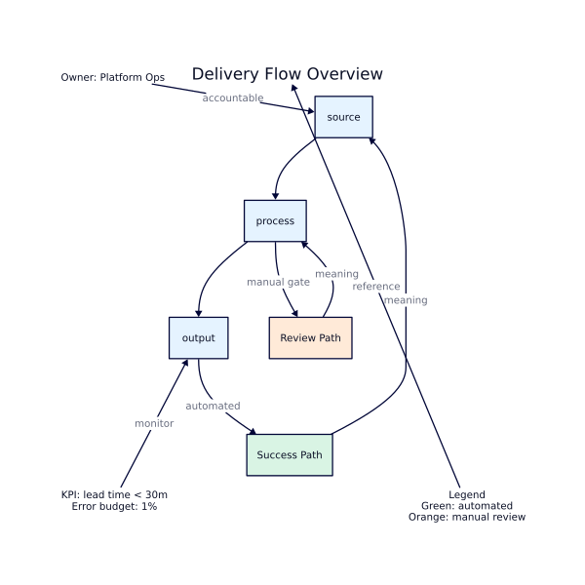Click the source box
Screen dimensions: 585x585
coord(343,117)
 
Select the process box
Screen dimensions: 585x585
coord(275,221)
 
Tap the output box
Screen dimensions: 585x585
coord(198,337)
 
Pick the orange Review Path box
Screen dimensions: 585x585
coord(310,337)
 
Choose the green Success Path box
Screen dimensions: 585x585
coord(290,455)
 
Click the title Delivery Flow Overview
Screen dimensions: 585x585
coord(287,74)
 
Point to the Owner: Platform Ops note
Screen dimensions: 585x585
coord(113,77)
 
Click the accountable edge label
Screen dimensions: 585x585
coord(233,97)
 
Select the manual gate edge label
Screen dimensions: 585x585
coord(278,282)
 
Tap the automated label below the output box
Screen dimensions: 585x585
coord(213,406)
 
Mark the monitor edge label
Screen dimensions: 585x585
coord(154,423)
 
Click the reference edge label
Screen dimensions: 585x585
coord(376,287)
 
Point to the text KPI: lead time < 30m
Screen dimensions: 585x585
coord(114,495)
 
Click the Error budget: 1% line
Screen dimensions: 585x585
coord(114,507)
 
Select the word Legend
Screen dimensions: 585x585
coord(466,495)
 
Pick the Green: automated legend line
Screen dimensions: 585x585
coord(466,506)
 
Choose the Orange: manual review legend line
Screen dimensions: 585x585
coord(466,517)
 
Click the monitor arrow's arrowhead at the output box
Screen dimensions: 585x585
coord(184,362)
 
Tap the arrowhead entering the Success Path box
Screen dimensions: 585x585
coord(255,432)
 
